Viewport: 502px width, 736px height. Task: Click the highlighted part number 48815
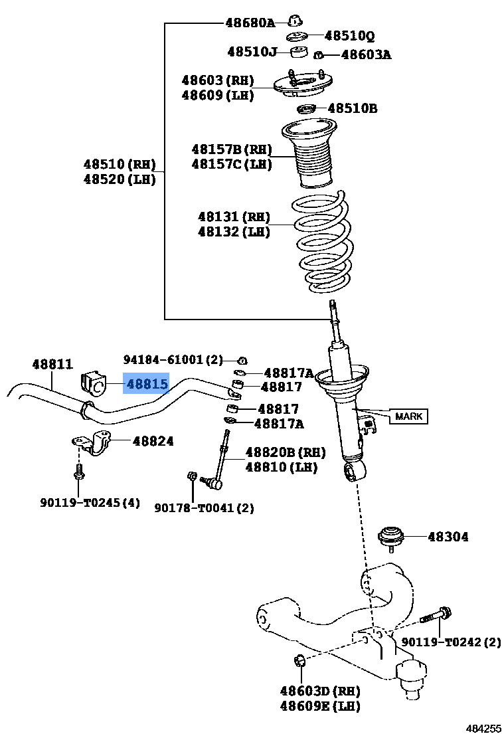(x=147, y=384)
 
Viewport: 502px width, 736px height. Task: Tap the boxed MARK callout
(x=408, y=416)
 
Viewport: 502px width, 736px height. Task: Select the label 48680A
(x=250, y=23)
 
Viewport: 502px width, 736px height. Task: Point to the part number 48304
(x=448, y=536)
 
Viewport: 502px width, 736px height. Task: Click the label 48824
(x=153, y=440)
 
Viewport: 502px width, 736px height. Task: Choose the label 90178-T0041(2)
(x=204, y=508)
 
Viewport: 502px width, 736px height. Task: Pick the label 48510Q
(x=349, y=36)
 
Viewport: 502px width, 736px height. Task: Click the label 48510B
(x=352, y=108)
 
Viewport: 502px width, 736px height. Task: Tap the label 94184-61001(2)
(x=173, y=359)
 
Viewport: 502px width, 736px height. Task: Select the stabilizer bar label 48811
(x=52, y=364)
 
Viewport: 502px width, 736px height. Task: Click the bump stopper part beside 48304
(x=391, y=535)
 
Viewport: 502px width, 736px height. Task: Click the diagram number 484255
(x=483, y=728)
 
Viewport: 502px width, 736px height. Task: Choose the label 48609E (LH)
(x=320, y=706)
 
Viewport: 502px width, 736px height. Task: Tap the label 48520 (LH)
(x=120, y=179)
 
